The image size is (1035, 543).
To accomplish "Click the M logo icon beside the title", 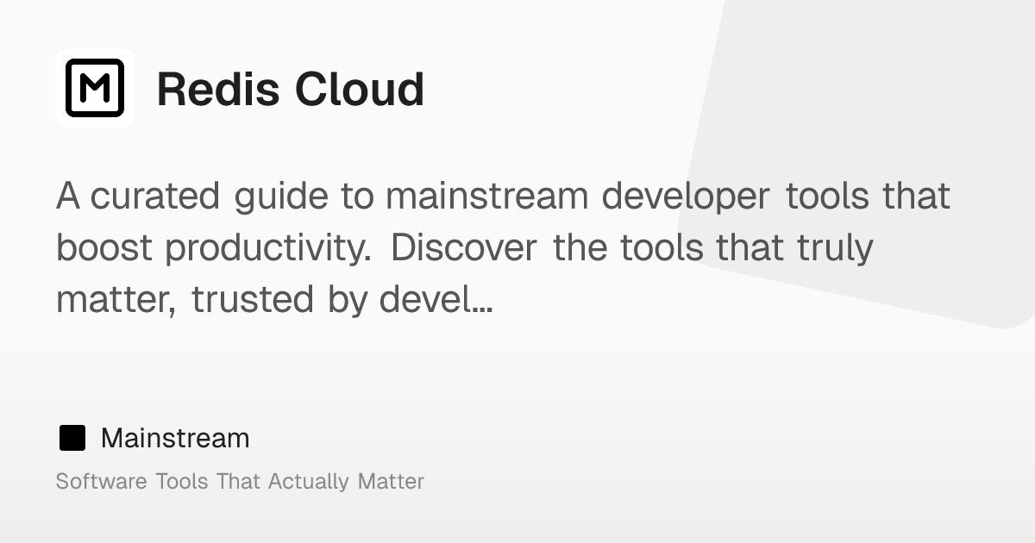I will [95, 88].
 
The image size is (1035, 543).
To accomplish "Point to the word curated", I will [155, 197].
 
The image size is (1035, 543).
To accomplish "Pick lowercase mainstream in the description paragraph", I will [486, 197].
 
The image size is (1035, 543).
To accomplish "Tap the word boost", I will [104, 248].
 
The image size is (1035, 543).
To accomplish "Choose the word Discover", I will [464, 248].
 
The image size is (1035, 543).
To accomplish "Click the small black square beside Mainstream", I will [72, 439].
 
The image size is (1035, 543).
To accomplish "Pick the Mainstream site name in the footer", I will [175, 439].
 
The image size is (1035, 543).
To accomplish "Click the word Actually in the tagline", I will [309, 482].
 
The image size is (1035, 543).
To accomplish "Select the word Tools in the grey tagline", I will [182, 481].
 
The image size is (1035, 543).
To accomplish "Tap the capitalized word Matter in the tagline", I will [391, 481].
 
